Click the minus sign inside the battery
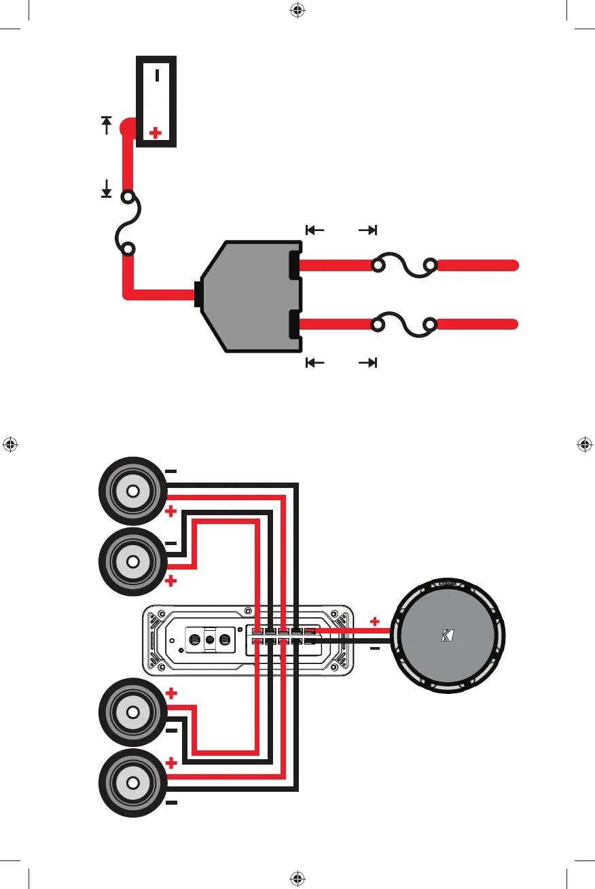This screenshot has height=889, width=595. click(x=157, y=75)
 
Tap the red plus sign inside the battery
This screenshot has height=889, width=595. click(x=156, y=133)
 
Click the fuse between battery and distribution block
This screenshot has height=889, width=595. click(x=128, y=224)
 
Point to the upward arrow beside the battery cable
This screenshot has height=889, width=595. click(x=107, y=125)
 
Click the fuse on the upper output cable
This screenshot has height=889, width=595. click(x=402, y=264)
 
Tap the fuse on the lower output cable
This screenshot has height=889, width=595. click(x=402, y=325)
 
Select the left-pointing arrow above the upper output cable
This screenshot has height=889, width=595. click(x=315, y=230)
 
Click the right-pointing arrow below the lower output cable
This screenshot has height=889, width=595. click(x=367, y=362)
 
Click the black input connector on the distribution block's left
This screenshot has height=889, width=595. click(x=198, y=295)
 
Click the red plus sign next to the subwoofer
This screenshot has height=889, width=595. click(x=374, y=621)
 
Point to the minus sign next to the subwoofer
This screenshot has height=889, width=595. click(x=374, y=648)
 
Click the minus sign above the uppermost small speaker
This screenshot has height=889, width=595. click(x=171, y=470)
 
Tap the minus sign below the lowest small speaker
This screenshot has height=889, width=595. click(x=171, y=803)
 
